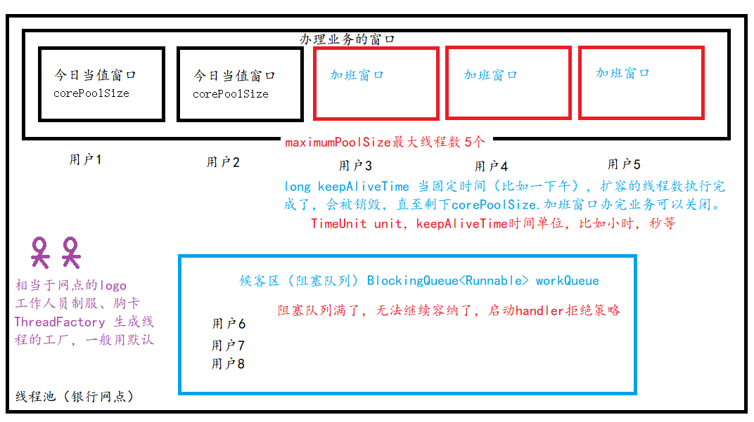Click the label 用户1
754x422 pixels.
(85, 160)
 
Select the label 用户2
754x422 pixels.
(223, 162)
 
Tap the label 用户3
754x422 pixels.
(355, 166)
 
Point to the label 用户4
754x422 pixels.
(491, 166)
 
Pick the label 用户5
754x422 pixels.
(624, 164)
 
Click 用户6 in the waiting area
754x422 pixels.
(229, 324)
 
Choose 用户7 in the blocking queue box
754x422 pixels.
(228, 345)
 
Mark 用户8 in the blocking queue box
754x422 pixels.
(228, 364)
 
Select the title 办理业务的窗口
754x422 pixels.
(347, 40)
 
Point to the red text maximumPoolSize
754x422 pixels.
(338, 142)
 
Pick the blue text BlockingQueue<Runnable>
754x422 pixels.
(448, 281)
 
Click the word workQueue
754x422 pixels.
(568, 281)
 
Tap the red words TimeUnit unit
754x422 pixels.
(356, 224)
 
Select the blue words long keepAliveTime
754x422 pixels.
(347, 186)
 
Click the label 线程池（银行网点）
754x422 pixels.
(75, 397)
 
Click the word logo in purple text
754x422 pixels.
(113, 285)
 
